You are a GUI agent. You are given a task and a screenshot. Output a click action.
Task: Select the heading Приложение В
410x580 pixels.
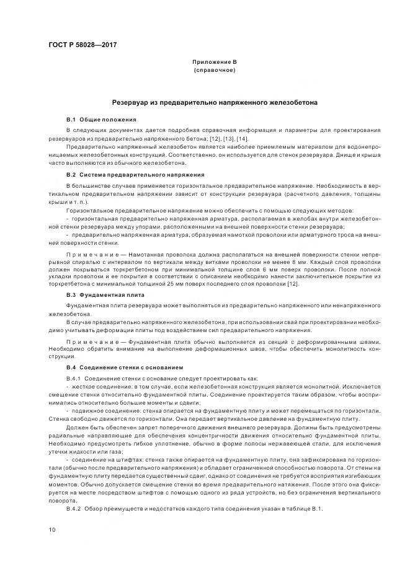(x=214, y=63)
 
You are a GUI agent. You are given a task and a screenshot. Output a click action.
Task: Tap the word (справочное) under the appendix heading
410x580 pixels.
(x=214, y=71)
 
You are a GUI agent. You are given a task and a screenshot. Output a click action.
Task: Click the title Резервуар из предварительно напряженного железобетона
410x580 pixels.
(x=215, y=102)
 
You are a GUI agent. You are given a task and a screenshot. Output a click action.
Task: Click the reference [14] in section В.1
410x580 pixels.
(x=243, y=139)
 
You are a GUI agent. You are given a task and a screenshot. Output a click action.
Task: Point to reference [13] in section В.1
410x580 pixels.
(x=228, y=139)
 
